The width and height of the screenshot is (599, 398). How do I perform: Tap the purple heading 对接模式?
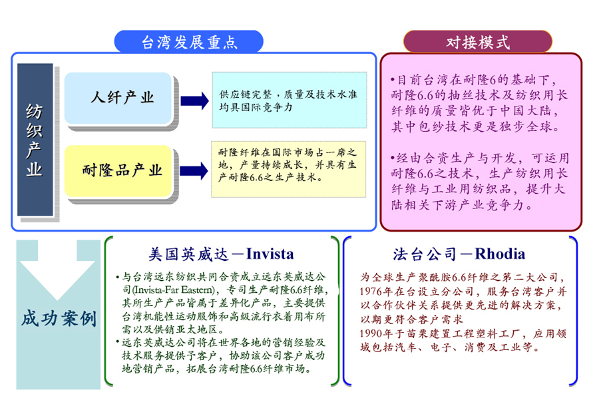coord(477,43)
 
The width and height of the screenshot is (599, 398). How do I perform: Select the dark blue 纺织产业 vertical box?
coord(35,139)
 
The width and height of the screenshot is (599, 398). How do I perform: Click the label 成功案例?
coord(59,318)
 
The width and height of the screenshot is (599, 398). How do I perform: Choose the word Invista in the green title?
coord(270,254)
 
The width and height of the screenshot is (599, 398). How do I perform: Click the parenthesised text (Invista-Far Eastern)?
coord(174,290)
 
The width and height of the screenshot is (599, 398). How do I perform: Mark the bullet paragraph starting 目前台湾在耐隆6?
coord(479,103)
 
